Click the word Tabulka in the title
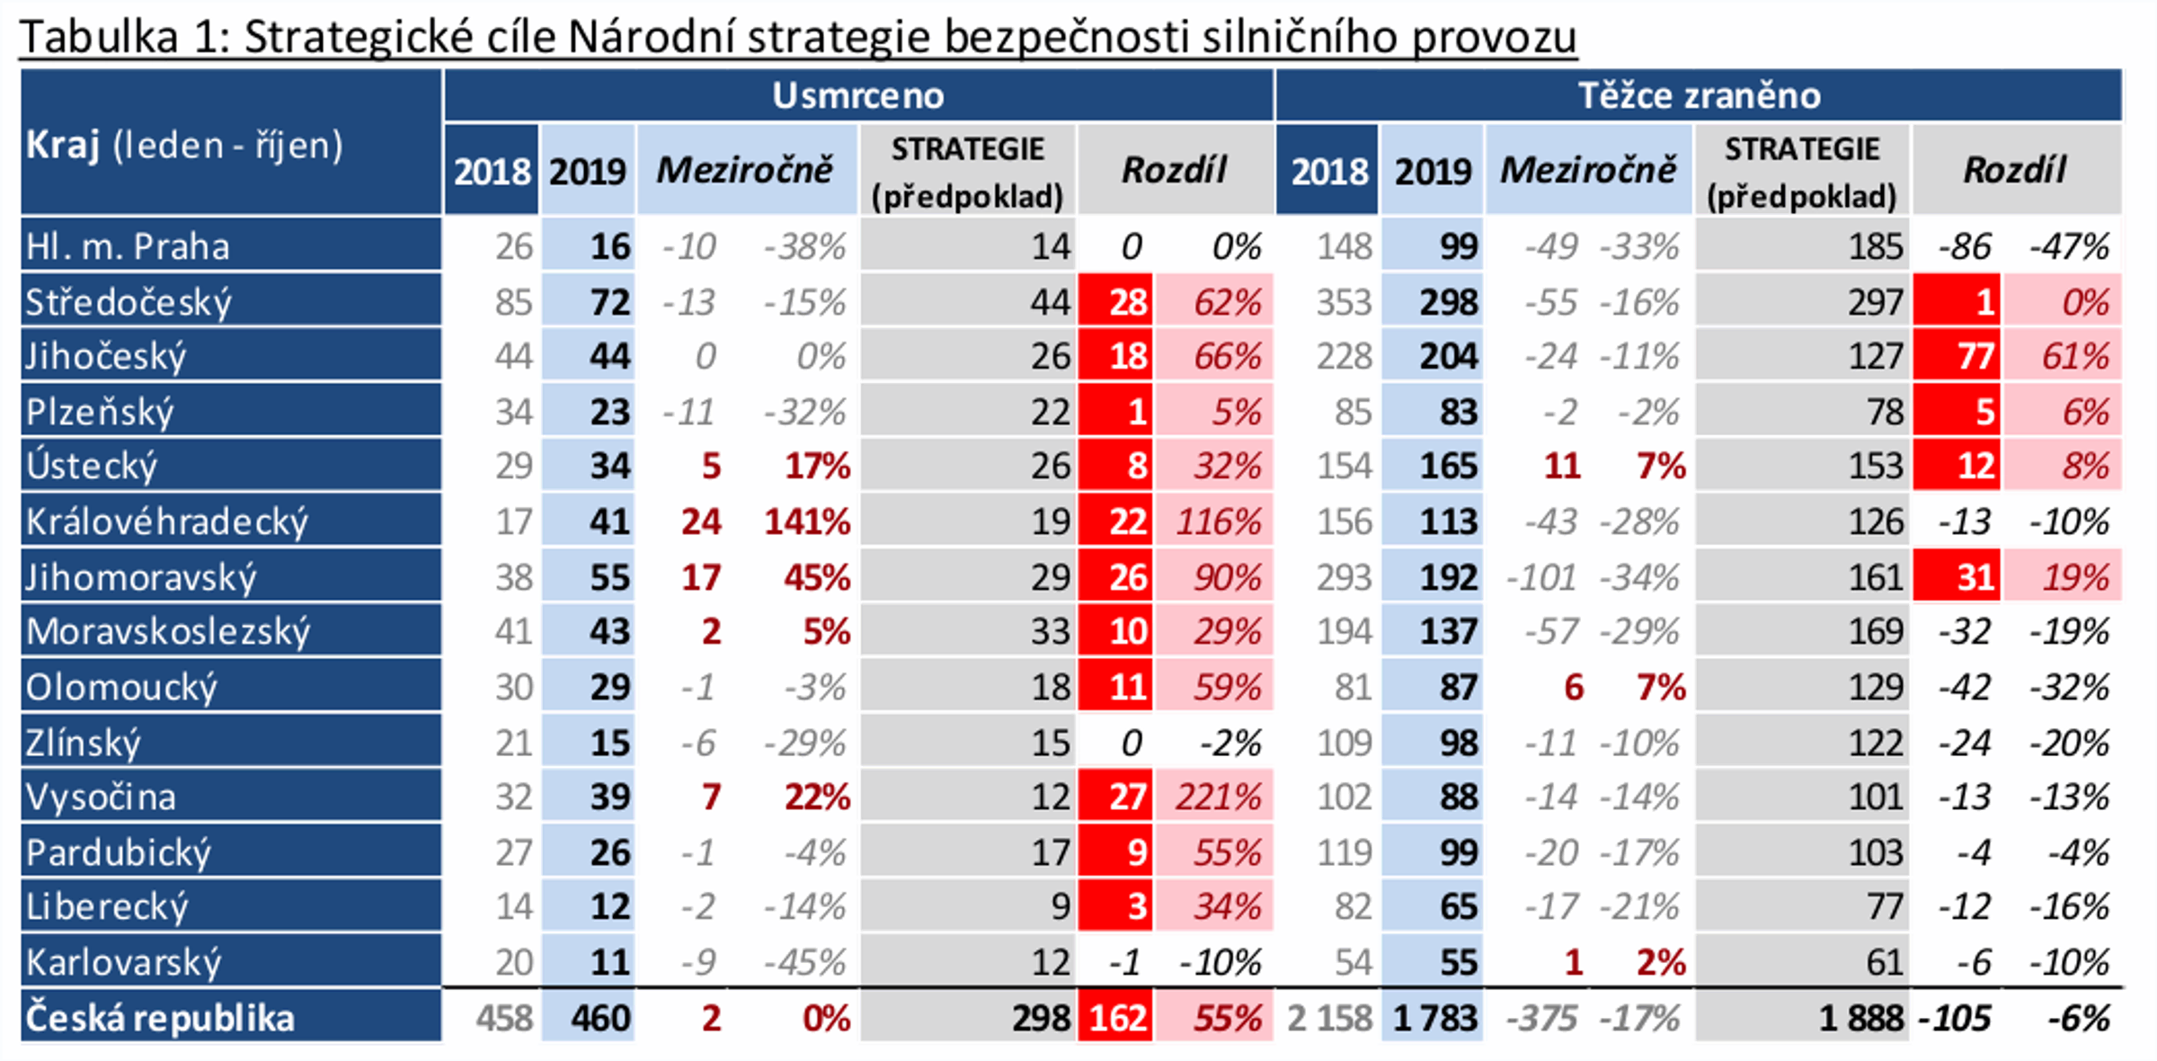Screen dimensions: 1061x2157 point(99,38)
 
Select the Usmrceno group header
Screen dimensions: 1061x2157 point(857,95)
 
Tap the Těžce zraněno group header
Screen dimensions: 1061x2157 point(1699,95)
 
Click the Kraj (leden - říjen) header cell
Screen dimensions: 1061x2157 point(184,146)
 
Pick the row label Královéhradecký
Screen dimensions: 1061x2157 point(167,522)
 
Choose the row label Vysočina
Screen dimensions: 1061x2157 point(101,797)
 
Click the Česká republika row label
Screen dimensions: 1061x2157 point(160,1018)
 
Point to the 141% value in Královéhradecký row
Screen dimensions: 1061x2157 point(807,522)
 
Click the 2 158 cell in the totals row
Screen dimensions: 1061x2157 point(1328,1018)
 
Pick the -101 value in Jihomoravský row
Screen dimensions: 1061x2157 point(1542,577)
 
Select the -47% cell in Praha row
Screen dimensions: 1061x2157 point(2069,246)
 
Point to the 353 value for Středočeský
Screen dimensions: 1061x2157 point(1344,302)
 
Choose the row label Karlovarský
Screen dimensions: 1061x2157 point(124,962)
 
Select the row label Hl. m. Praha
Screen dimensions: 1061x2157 point(128,246)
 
